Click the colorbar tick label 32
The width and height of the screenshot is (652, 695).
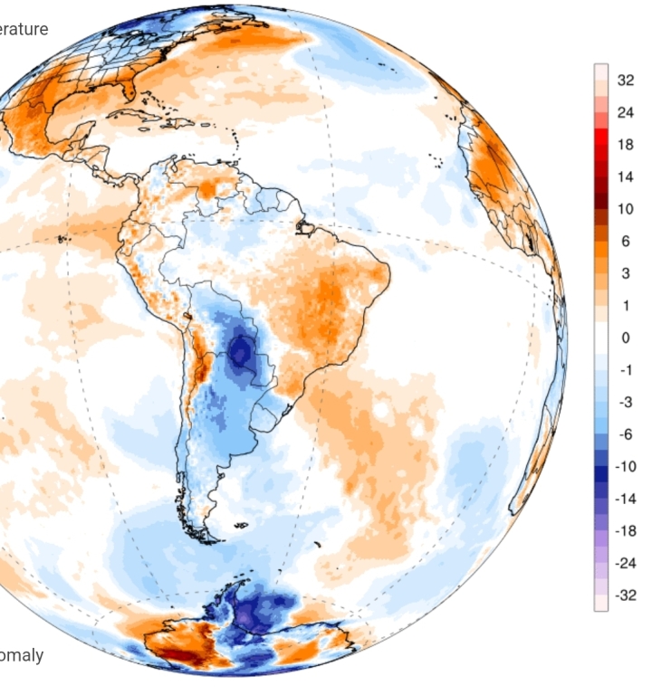click(625, 81)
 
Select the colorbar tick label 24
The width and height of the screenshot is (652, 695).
click(625, 113)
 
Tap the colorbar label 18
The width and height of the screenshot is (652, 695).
click(625, 145)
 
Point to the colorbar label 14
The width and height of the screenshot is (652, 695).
click(625, 177)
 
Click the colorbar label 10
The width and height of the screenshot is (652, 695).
click(625, 209)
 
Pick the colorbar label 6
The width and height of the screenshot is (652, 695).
click(625, 242)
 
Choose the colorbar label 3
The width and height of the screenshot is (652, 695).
click(625, 273)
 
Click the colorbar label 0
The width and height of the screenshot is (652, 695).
click(625, 338)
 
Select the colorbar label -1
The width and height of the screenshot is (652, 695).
click(625, 370)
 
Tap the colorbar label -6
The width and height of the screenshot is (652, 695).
click(625, 434)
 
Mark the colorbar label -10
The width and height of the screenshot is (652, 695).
click(625, 466)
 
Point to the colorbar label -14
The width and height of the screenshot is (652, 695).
click(625, 499)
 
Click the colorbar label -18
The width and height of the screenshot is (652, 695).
click(625, 530)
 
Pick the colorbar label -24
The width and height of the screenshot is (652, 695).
click(625, 563)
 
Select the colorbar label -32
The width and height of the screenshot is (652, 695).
click(625, 595)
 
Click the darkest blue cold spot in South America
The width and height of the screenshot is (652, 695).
click(241, 351)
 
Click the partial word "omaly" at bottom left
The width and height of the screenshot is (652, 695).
click(22, 655)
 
